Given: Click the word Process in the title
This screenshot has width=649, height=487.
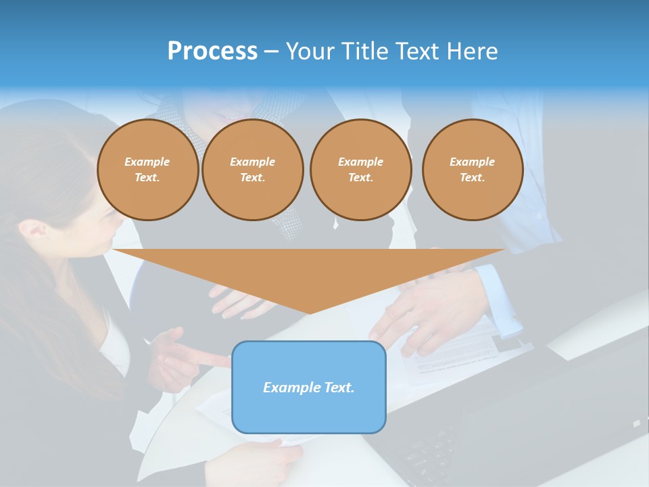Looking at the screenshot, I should (212, 51).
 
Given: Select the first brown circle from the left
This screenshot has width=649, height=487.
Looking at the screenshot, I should (147, 170).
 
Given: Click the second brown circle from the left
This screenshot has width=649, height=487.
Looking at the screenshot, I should (252, 170).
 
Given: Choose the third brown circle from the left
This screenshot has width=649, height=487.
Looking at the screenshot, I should (360, 170).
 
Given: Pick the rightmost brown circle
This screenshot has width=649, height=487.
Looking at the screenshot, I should (472, 170).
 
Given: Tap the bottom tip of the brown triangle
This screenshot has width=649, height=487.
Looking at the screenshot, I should (310, 312).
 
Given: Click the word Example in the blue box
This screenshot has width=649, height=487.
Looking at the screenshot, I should (290, 388).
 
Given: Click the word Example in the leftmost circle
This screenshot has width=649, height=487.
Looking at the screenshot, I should (147, 162).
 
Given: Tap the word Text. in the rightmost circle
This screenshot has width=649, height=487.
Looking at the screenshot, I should (472, 178).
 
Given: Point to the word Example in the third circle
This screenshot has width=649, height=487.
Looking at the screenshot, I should (360, 162).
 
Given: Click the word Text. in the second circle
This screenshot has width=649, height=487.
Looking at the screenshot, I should (252, 178).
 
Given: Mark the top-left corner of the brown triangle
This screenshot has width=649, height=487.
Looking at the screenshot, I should (114, 250).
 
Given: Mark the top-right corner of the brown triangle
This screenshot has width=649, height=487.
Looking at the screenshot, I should (505, 250).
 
